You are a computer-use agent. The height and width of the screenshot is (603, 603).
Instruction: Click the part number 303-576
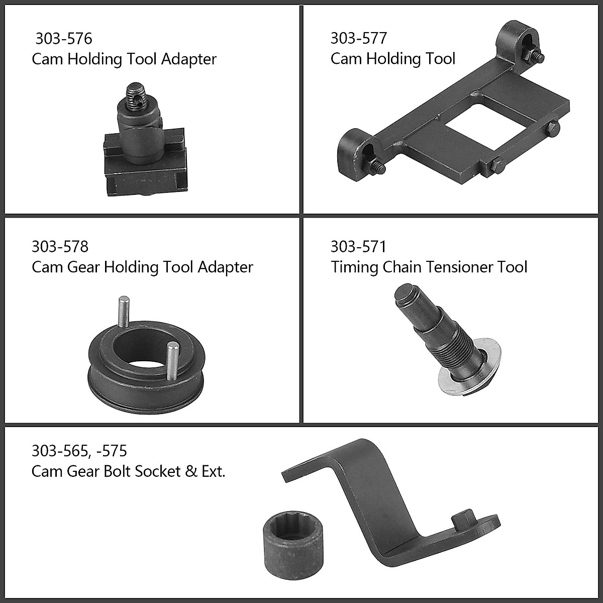point(64,39)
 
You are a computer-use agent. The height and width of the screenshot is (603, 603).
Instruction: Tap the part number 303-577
point(359,38)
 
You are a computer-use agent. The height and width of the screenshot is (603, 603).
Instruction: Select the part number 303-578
point(60,246)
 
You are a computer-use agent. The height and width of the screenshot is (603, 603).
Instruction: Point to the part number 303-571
point(359,246)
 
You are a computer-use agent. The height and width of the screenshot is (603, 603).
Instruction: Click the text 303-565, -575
point(79,451)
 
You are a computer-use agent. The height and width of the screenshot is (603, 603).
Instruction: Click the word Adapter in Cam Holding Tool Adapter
point(189,59)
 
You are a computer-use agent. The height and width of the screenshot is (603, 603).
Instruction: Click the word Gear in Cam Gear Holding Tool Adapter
point(83,267)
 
